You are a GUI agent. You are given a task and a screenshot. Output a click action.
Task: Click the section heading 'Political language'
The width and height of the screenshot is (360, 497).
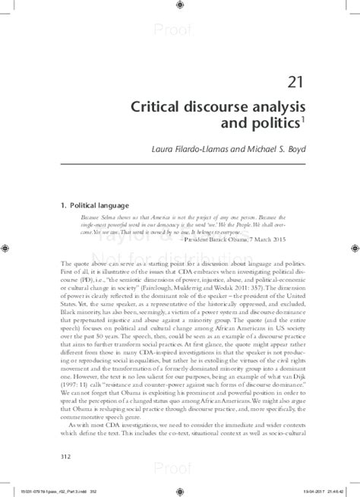[101, 205]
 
